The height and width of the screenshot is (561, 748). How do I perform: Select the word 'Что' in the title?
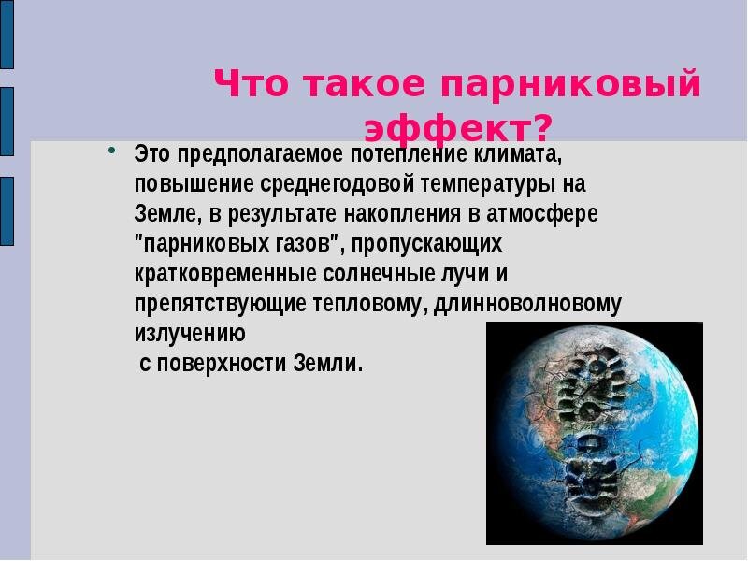pos(251,85)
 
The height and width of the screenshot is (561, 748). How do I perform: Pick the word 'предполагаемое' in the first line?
pos(245,152)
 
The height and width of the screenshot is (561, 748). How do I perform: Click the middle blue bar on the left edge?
pos(7,121)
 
